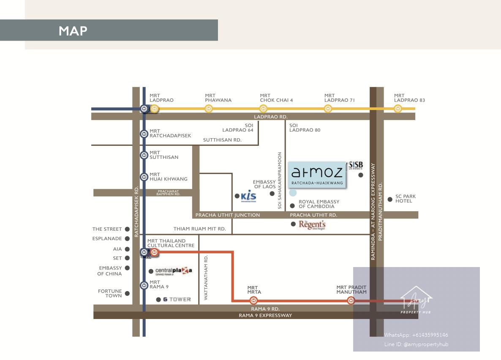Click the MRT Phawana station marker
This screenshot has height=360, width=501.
(209, 109)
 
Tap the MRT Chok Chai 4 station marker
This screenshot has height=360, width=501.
(263, 109)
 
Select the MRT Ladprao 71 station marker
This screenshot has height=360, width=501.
(328, 109)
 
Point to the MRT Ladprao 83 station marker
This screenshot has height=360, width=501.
(398, 109)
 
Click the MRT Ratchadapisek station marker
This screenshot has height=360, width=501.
(144, 134)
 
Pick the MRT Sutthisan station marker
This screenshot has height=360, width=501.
(144, 155)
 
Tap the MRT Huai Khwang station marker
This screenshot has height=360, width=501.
(144, 177)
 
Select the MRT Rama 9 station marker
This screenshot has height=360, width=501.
(144, 285)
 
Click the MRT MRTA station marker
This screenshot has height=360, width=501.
(253, 300)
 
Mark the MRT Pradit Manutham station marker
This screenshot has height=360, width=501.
(351, 300)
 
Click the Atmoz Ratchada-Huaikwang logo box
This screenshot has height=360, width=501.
(317, 175)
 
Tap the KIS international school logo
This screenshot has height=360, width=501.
(248, 196)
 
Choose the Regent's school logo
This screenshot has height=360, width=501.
(312, 225)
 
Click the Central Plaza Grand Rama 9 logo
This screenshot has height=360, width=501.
(174, 271)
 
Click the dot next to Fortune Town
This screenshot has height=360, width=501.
(127, 293)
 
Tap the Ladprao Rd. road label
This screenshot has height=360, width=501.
(271, 117)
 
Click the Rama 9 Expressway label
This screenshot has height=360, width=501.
(265, 315)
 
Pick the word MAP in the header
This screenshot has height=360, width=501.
(73, 30)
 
